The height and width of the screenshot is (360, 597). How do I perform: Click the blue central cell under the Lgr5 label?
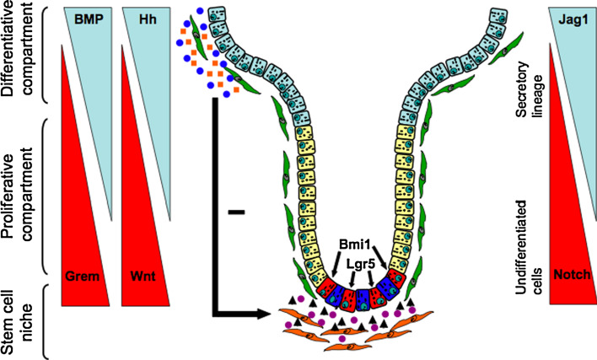tap(363, 296)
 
